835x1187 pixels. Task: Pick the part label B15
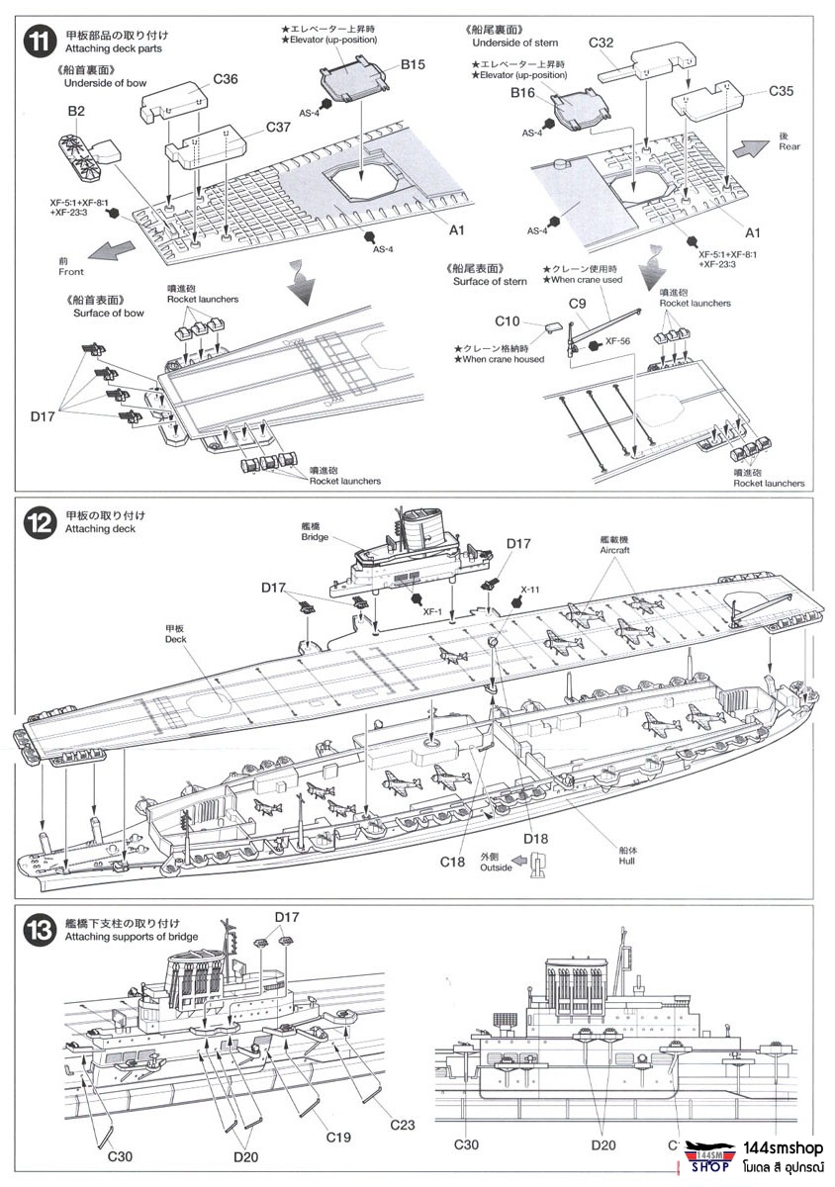pos(413,64)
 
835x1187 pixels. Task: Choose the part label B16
pos(522,92)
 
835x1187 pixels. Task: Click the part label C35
pos(781,91)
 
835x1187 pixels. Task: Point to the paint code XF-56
pos(617,342)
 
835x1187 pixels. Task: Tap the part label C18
pos(452,862)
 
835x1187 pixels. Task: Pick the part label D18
pos(535,838)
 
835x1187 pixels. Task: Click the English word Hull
pos(626,862)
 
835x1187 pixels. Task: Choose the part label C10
pos(507,321)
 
